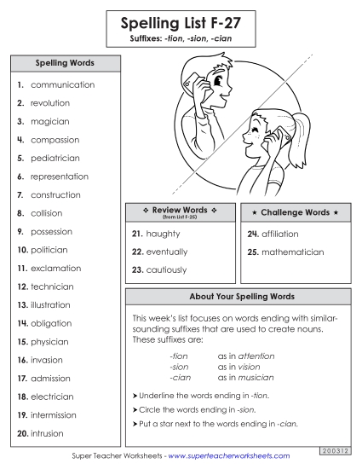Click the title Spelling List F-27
(181, 22)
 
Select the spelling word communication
(62, 85)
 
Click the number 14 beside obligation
(22, 324)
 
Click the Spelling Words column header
(65, 63)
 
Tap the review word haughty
(163, 233)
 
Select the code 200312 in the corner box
(340, 449)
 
